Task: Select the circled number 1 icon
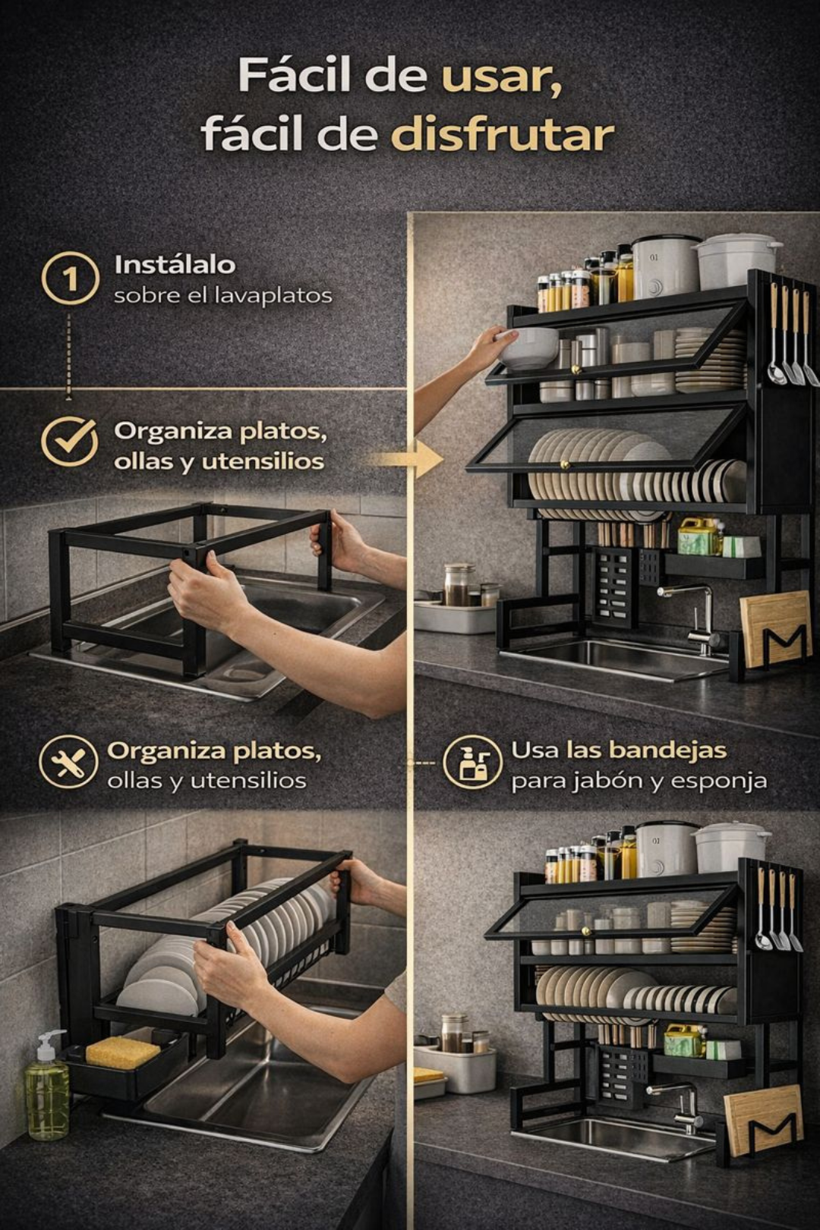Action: [71, 278]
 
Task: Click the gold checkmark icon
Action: [70, 442]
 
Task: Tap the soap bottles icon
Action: [473, 763]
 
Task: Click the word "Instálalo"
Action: [175, 266]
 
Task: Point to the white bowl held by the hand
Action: [528, 348]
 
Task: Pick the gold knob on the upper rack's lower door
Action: [564, 466]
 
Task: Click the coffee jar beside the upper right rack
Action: [459, 585]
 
